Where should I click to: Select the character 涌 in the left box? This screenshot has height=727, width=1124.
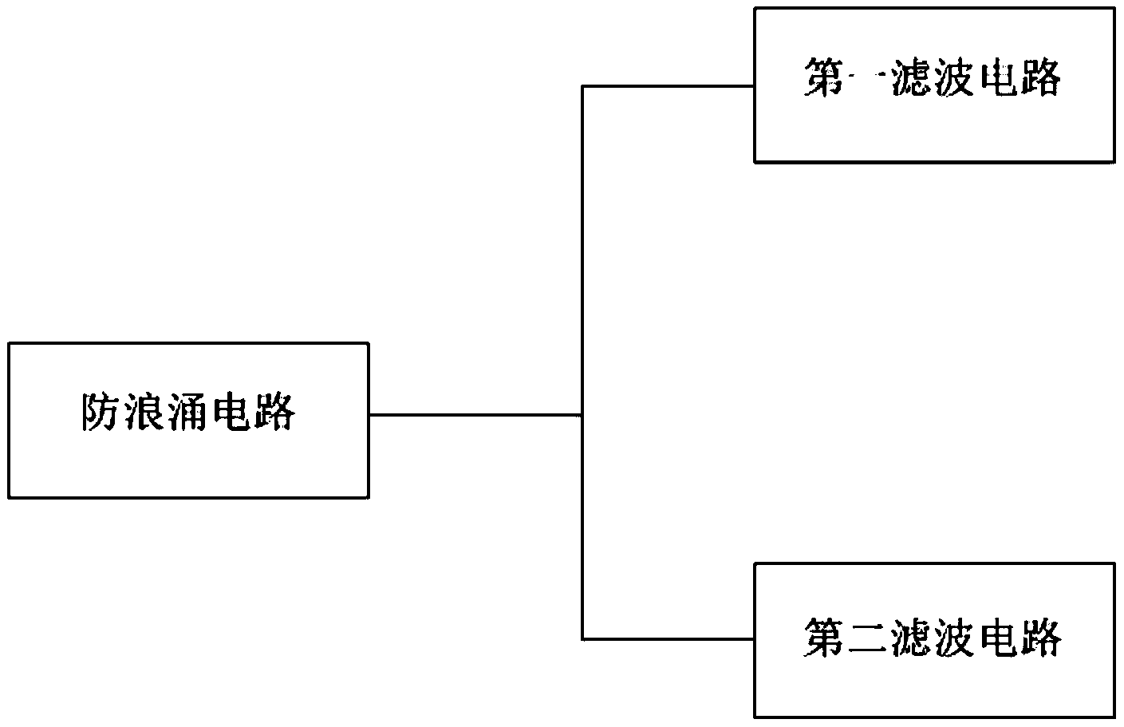[x=189, y=412]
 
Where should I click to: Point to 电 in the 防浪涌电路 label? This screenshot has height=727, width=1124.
[x=232, y=412]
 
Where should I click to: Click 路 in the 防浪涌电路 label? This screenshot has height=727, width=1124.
[x=275, y=412]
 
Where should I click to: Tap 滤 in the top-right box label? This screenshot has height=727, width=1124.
[x=910, y=78]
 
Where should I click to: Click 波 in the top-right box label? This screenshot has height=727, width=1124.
[x=953, y=78]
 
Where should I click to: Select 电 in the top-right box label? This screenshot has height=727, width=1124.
[x=996, y=78]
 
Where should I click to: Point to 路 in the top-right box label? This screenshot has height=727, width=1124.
[x=1039, y=78]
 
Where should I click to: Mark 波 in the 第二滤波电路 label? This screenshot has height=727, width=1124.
[x=954, y=638]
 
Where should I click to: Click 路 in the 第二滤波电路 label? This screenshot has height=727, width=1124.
[x=1040, y=638]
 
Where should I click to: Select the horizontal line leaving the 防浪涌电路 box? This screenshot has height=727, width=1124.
[x=475, y=414]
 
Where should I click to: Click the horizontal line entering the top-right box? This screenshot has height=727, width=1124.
[x=668, y=86]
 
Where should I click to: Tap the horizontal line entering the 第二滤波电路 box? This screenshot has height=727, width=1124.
[x=668, y=638]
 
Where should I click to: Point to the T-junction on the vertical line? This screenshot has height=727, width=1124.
[x=583, y=414]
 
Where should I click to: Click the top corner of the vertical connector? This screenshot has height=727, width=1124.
[x=583, y=86]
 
